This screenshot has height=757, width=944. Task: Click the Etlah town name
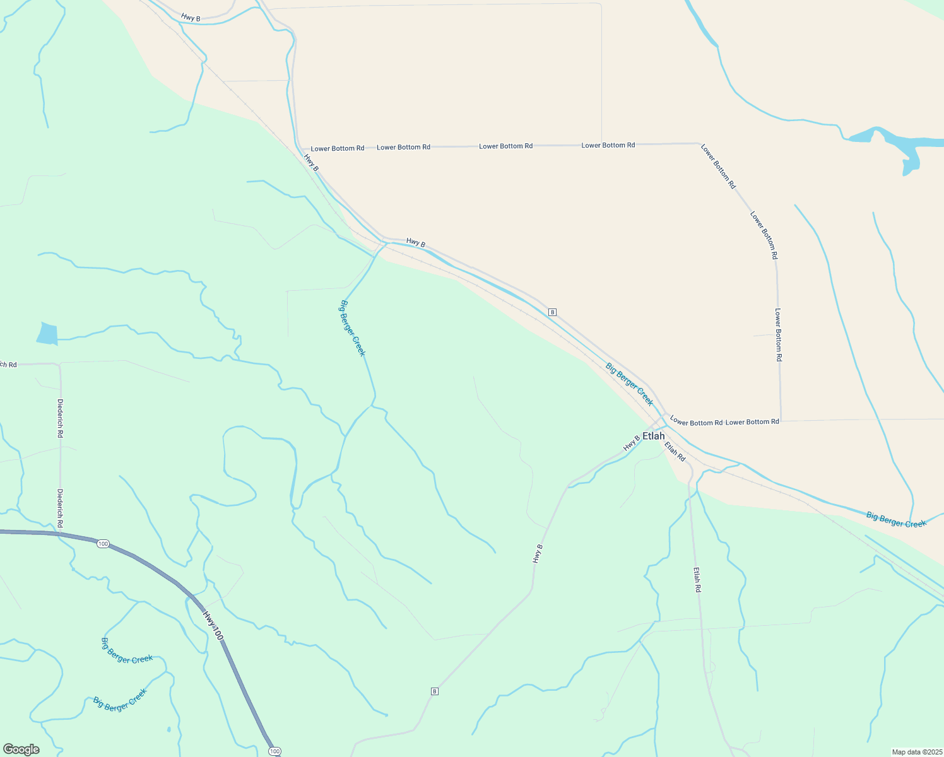[x=653, y=436]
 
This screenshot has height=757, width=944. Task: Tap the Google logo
[x=21, y=749]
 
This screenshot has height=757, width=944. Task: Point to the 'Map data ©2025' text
[x=916, y=752]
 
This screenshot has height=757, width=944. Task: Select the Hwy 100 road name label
[x=213, y=626]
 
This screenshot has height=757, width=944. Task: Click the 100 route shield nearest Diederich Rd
[x=103, y=544]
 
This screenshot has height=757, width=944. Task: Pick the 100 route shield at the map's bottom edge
[x=274, y=751]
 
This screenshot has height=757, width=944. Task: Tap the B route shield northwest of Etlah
[x=552, y=312]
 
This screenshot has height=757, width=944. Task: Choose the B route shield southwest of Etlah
[x=434, y=691]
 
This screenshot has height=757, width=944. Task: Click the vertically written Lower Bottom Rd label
[x=779, y=334]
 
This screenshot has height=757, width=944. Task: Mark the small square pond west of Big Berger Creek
[x=47, y=333]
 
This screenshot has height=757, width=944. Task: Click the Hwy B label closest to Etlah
[x=631, y=443]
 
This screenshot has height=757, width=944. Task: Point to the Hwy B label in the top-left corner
[x=190, y=18]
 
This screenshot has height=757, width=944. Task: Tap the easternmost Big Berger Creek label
[x=896, y=520]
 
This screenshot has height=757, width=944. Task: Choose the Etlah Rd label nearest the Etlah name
[x=675, y=451]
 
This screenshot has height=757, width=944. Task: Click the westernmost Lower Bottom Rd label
[x=338, y=148]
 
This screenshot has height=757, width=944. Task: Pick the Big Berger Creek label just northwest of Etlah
[x=629, y=384]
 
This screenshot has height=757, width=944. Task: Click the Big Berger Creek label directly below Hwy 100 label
[x=127, y=651]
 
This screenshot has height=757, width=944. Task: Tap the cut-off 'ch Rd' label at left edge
[x=8, y=364]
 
